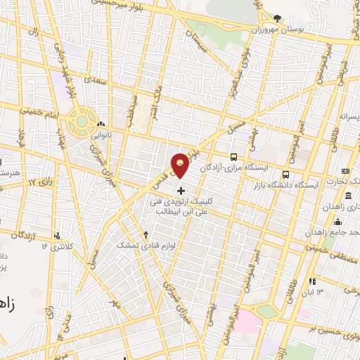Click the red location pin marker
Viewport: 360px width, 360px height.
[181, 165]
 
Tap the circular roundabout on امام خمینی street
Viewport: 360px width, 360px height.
[82, 120]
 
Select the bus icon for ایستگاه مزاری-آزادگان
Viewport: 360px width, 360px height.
[234, 157]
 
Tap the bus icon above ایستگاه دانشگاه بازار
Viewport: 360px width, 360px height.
[285, 174]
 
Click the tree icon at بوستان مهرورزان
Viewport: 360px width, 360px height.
[278, 19]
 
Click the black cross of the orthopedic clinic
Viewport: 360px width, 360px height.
[181, 191]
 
